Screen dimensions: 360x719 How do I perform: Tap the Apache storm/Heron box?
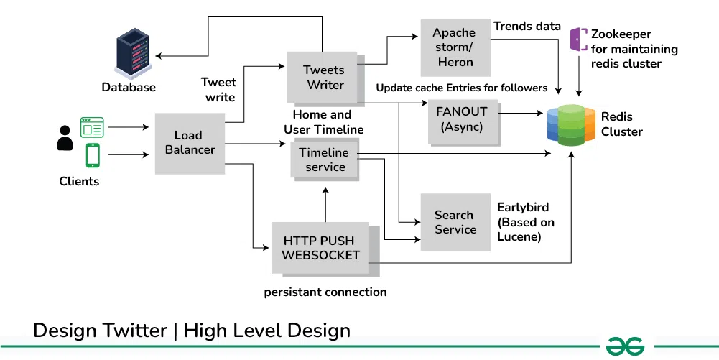pyautogui.click(x=455, y=47)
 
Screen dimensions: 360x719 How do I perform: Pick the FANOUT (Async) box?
pyautogui.click(x=461, y=119)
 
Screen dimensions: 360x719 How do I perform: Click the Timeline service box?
pyautogui.click(x=324, y=159)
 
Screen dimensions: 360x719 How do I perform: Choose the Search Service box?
pyautogui.click(x=455, y=222)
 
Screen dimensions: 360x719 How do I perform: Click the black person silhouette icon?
pyautogui.click(x=65, y=138)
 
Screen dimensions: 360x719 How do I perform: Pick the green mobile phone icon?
pyautogui.click(x=93, y=155)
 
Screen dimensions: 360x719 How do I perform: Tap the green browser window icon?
pyautogui.click(x=92, y=127)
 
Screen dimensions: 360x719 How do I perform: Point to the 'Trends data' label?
pyautogui.click(x=527, y=27)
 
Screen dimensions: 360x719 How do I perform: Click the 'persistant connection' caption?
pyautogui.click(x=325, y=292)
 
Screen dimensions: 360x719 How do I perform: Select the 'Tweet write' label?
pyautogui.click(x=218, y=90)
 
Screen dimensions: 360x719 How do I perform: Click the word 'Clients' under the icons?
pyautogui.click(x=79, y=181)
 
